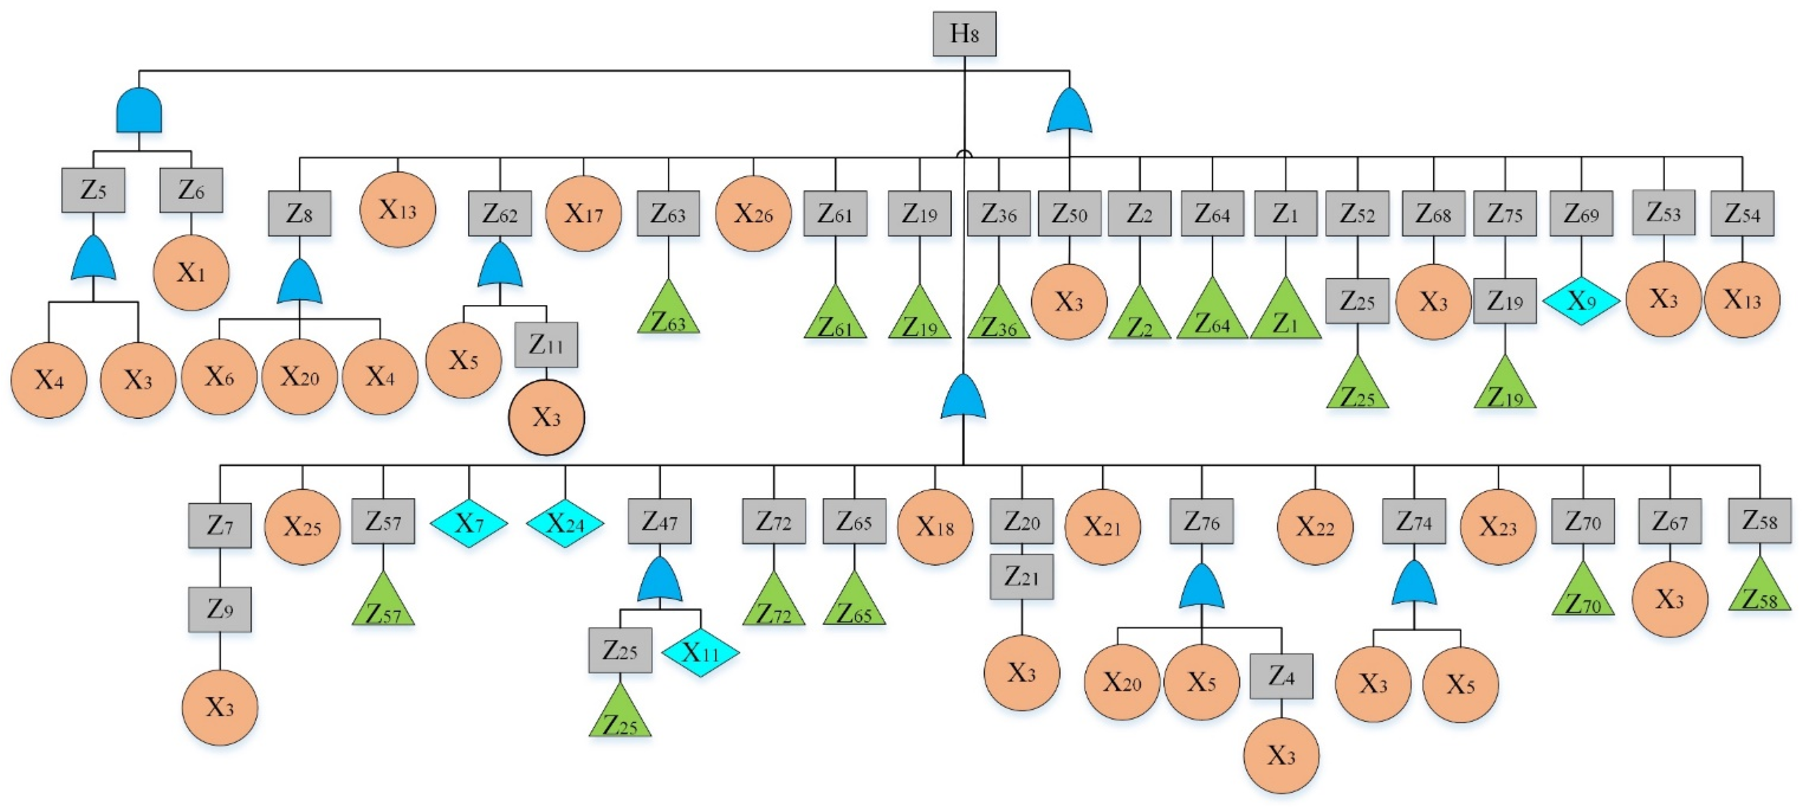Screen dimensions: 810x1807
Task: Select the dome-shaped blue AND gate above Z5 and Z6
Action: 139,111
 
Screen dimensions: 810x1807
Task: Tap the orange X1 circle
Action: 191,272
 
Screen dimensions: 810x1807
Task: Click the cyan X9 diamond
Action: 1581,301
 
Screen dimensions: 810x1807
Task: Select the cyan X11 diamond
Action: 700,653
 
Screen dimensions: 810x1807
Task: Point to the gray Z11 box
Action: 546,345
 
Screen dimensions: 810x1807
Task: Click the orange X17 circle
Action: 583,213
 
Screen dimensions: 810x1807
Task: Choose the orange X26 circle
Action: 753,213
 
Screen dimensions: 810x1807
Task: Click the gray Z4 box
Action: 1281,676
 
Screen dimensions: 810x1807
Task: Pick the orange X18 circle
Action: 934,526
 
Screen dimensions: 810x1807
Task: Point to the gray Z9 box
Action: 220,609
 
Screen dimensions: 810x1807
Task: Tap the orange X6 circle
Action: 219,377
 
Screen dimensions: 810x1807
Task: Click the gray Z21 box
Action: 1021,577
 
